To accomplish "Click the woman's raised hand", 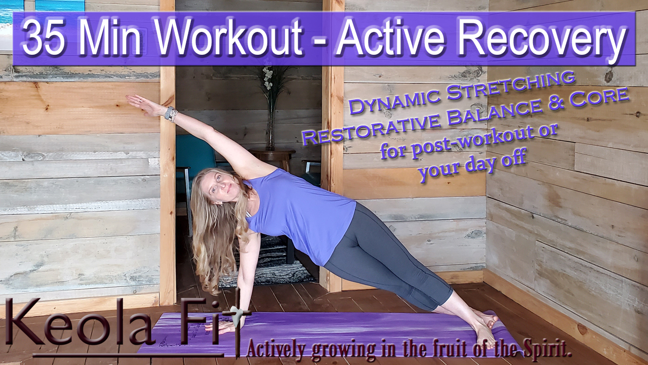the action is coord(142,103).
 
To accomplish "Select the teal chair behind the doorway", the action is coord(194,162).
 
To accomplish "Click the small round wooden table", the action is coord(272,157).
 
